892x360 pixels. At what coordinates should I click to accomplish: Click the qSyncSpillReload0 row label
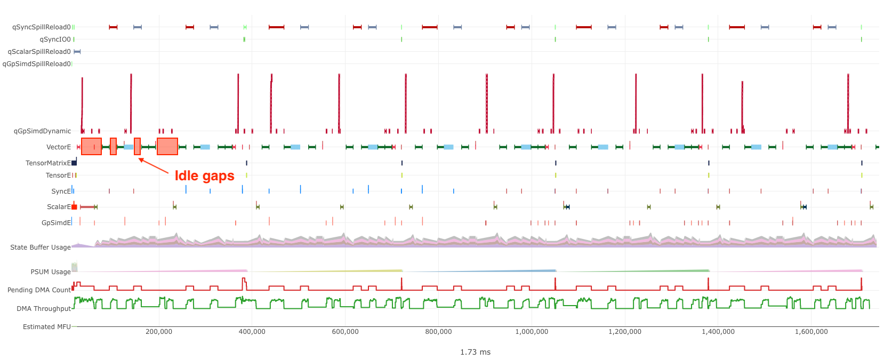(41, 27)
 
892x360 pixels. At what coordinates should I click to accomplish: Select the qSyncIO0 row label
(55, 39)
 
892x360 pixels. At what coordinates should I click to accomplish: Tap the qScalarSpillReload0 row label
(39, 52)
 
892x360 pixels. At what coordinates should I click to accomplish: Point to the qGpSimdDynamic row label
(42, 131)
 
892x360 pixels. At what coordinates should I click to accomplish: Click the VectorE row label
(58, 147)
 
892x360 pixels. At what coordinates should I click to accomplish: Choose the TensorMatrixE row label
(48, 163)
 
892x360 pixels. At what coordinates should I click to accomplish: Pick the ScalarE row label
(59, 207)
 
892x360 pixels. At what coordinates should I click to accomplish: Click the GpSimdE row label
(56, 223)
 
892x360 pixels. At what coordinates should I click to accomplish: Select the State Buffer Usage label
(40, 247)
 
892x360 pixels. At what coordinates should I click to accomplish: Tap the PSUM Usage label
(50, 272)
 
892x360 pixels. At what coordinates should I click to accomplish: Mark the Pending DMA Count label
(39, 290)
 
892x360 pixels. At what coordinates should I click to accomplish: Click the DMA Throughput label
(43, 309)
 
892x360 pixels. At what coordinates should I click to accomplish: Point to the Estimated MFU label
(46, 327)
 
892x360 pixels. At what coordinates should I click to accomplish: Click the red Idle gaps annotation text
(204, 176)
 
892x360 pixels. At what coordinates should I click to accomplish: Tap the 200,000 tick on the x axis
(159, 332)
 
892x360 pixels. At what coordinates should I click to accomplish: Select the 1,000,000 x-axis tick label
(532, 332)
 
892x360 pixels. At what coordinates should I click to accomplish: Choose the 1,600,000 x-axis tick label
(811, 332)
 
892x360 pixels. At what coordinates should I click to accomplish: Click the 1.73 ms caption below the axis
(475, 352)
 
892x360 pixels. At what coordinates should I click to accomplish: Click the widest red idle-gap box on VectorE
(167, 146)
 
